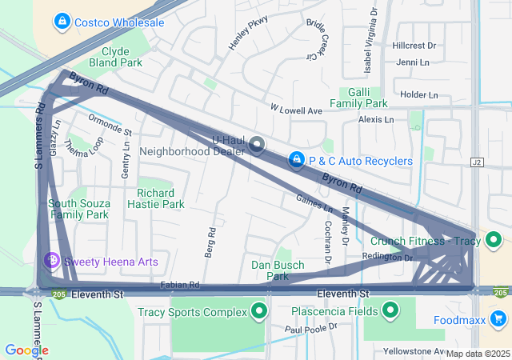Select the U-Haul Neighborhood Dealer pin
click(x=257, y=144)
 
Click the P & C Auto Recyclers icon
click(x=297, y=161)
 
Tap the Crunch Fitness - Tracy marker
click(x=494, y=240)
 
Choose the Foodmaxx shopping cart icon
click(x=498, y=320)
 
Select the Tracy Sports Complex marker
click(x=258, y=311)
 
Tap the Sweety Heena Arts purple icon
click(x=52, y=261)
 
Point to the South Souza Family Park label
click(x=78, y=209)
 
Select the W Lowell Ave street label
click(x=296, y=109)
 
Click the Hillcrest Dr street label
click(x=414, y=46)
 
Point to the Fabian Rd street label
click(x=179, y=284)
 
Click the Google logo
click(x=26, y=350)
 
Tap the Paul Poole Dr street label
click(x=312, y=328)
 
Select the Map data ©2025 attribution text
click(x=477, y=354)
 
